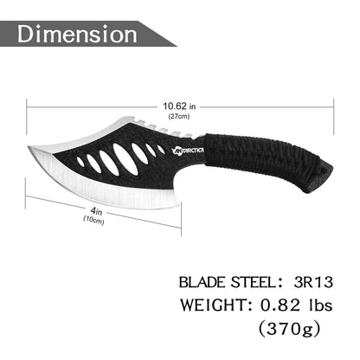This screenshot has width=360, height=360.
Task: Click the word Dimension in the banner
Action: pyautogui.click(x=77, y=34)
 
